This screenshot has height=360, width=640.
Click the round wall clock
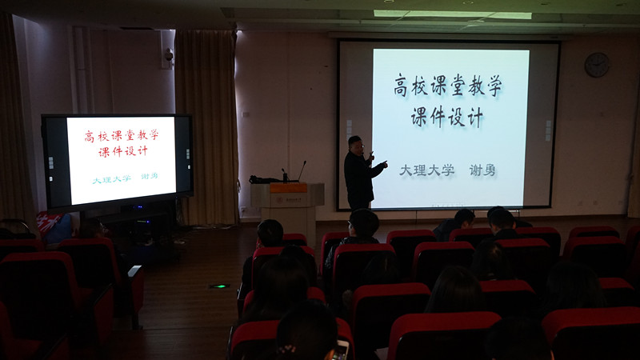(x=597, y=65)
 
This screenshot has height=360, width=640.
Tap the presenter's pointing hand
(x=384, y=164)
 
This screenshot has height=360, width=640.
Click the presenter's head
(x=355, y=145)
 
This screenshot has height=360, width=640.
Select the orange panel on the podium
(x=288, y=188)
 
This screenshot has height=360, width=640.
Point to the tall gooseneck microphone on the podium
(x=302, y=170)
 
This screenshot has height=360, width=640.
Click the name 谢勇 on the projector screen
(x=482, y=170)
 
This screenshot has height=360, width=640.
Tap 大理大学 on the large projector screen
(x=426, y=170)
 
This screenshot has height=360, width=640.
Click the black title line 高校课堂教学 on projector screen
(x=447, y=86)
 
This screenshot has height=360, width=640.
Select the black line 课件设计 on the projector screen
(x=447, y=117)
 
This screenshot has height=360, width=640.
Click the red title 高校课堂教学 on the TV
(x=122, y=135)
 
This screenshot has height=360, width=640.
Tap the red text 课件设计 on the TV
(x=123, y=151)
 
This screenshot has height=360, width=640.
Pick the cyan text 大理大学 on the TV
(x=111, y=179)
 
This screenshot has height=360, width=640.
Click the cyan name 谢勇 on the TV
(x=149, y=176)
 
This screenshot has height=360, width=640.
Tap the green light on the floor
(x=219, y=286)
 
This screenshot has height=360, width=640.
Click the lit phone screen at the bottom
(x=341, y=350)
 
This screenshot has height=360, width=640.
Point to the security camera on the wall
(x=169, y=54)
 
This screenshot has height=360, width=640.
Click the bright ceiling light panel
(x=453, y=14)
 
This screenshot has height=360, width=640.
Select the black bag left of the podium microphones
(x=264, y=179)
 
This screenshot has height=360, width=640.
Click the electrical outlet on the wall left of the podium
(x=244, y=210)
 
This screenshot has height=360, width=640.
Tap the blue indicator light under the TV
(x=138, y=207)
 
